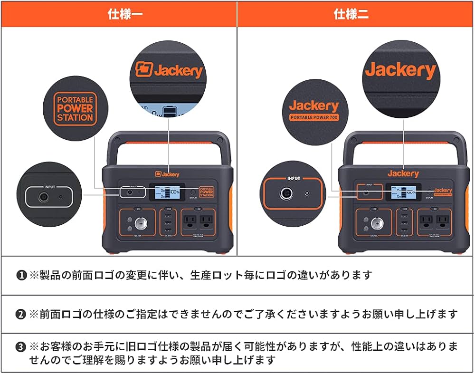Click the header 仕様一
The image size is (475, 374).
coord(119,14)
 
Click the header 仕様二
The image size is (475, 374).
coord(355,14)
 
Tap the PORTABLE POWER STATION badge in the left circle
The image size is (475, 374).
coord(75,109)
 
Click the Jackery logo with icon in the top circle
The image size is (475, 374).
coord(169,70)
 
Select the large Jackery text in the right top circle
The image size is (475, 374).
coord(400,70)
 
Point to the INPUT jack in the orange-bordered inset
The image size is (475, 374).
coord(286,193)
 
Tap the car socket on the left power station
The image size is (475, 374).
coord(141,222)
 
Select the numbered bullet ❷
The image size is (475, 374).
coord(21,314)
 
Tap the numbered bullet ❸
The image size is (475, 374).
coord(21,347)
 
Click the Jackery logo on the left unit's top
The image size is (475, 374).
coord(167,174)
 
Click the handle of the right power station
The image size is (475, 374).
coord(403,137)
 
